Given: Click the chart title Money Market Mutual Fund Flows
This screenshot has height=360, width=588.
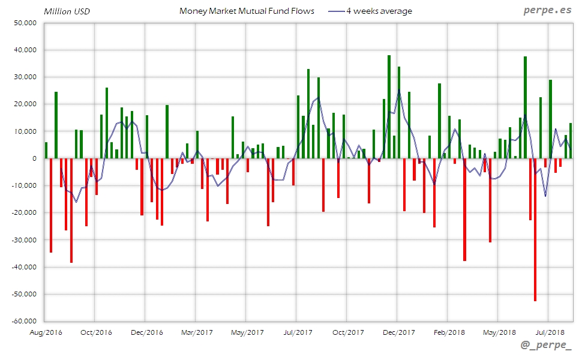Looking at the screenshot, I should click(247, 11).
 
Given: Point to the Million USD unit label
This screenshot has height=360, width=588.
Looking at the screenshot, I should click(67, 11).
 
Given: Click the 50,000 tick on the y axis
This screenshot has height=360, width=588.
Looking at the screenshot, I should click(25, 23).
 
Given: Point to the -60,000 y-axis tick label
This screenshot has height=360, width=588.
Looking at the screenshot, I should click(24, 321).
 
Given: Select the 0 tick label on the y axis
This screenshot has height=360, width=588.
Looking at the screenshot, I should click(34, 158).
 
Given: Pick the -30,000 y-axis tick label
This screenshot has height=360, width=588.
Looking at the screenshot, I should click(24, 239).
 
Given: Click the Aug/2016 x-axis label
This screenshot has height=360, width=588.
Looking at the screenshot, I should click(46, 332).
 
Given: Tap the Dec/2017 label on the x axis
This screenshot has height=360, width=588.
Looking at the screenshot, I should click(398, 332).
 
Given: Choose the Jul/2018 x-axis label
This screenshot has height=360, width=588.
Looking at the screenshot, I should click(550, 332).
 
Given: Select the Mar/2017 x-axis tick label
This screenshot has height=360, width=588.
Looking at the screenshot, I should click(197, 332).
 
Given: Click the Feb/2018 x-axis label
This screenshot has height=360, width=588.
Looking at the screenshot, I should click(449, 332).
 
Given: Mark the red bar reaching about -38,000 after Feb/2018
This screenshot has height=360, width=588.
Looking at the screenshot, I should click(464, 209).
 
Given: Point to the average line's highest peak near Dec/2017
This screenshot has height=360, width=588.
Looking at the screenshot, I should click(398, 90).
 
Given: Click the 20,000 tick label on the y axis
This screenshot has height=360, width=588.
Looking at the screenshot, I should click(25, 104).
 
